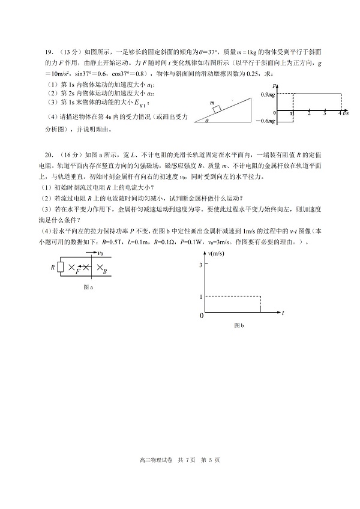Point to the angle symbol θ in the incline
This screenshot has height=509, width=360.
[207, 120]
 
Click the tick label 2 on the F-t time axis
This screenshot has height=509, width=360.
[308, 113]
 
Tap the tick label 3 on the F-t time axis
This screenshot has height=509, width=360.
[325, 113]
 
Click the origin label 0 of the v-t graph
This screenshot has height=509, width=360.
[202, 316]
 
